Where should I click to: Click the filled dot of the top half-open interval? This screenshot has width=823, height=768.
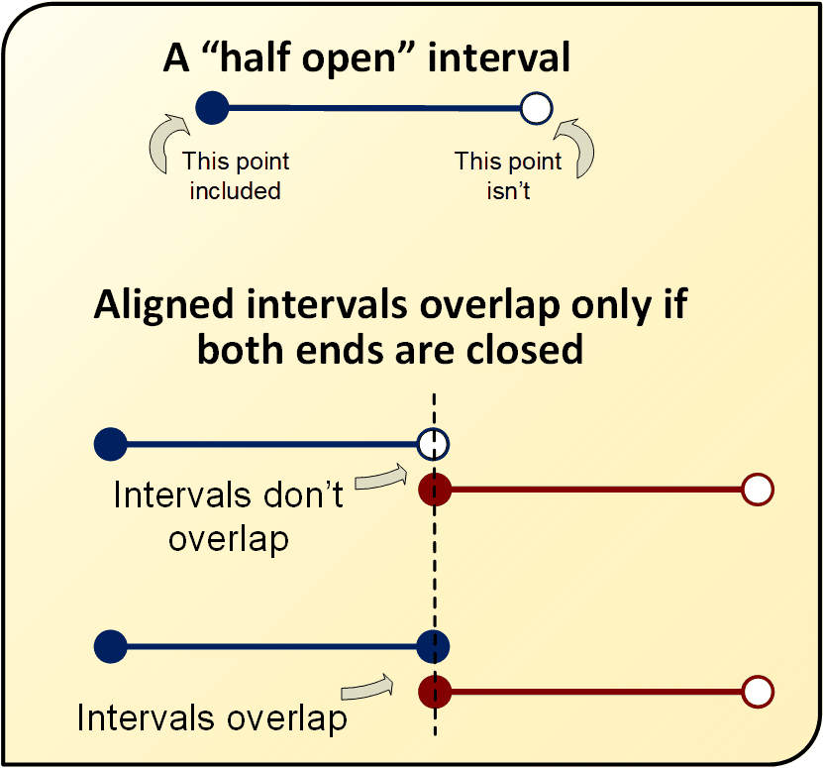[x=212, y=108]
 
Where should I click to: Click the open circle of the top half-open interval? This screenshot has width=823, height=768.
[x=537, y=109]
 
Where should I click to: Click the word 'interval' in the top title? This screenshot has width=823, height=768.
[x=498, y=57]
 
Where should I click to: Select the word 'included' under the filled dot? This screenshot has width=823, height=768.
[x=235, y=190]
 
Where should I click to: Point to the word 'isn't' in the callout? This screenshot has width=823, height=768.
[x=508, y=190]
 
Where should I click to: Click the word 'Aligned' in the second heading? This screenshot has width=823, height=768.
[x=163, y=305]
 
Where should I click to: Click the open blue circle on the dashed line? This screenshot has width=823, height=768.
[x=433, y=444]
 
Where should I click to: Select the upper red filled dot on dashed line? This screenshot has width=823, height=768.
[x=435, y=490]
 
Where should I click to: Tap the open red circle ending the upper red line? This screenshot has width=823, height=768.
[x=758, y=490]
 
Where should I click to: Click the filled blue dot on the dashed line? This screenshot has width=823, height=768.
[x=433, y=646]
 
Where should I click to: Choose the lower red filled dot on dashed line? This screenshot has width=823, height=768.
[x=435, y=692]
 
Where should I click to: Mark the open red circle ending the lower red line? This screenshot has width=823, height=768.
[x=758, y=692]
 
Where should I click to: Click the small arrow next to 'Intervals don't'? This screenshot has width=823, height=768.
[x=381, y=477]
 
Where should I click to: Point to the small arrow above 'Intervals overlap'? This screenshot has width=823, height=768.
[x=367, y=688]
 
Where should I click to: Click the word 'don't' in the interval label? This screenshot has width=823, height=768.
[x=303, y=494]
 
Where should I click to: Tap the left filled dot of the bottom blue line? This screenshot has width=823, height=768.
[x=111, y=646]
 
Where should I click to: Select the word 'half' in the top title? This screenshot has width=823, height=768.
[x=256, y=57]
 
